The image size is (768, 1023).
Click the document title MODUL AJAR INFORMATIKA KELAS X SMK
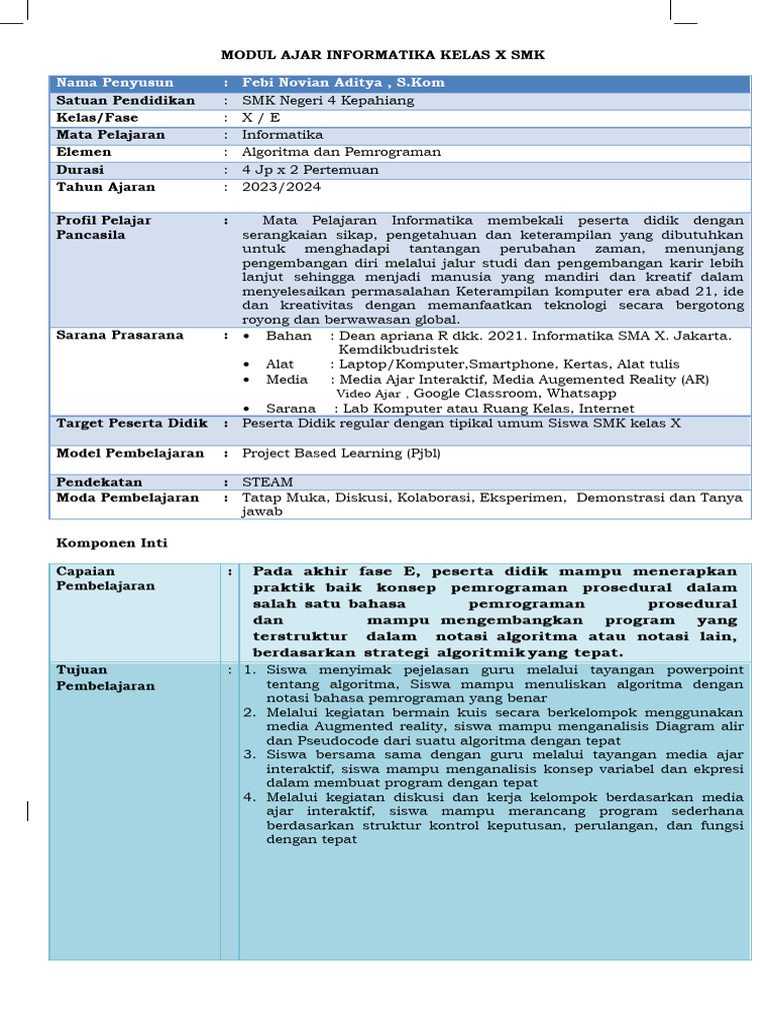383,55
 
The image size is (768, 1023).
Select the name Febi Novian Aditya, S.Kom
343,83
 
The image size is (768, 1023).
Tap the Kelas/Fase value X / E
261,118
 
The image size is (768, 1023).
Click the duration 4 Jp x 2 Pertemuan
310,170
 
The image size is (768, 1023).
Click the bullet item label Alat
280,364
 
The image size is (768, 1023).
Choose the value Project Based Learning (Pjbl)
341,454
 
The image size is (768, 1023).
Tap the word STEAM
268,482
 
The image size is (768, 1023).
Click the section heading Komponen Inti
112,542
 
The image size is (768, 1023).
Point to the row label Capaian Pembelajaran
106,578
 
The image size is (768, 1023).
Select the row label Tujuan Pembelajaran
106,677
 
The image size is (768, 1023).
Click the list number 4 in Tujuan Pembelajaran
249,796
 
